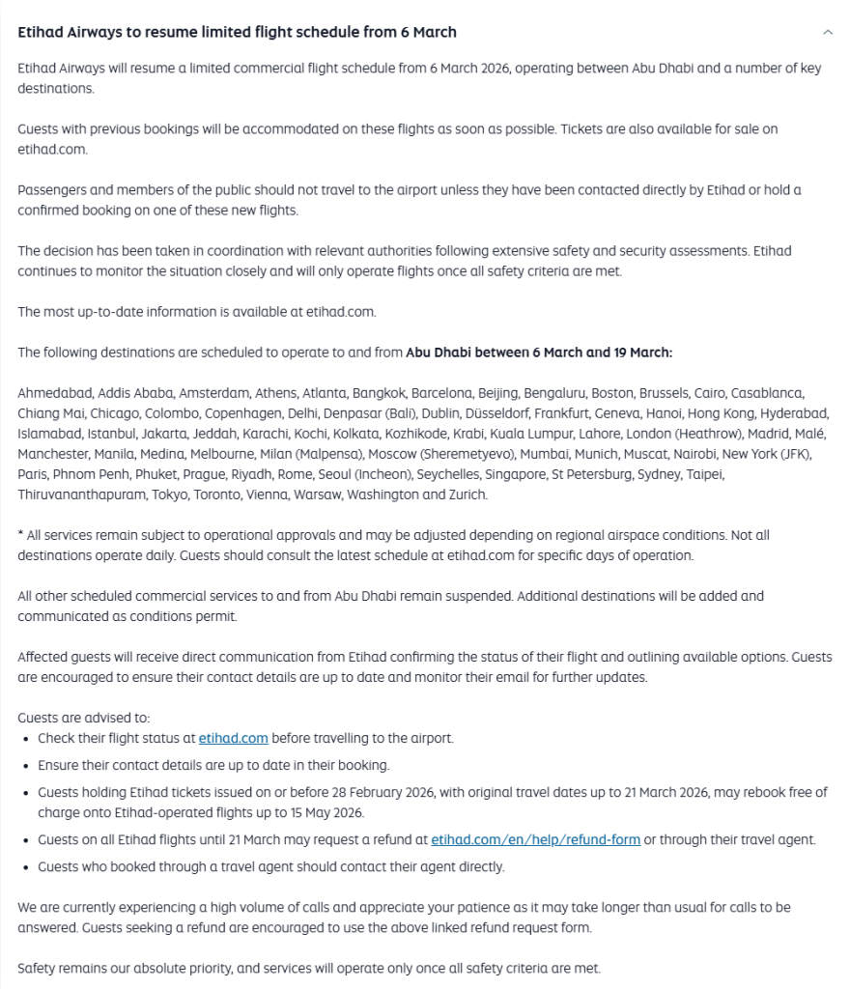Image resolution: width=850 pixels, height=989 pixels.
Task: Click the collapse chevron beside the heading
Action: click(x=827, y=32)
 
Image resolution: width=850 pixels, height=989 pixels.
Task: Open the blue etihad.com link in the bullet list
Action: click(x=233, y=738)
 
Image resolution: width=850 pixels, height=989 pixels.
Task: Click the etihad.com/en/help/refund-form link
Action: click(x=535, y=839)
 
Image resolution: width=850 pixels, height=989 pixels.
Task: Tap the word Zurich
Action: click(x=467, y=494)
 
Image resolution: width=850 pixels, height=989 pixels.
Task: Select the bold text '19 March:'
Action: click(x=642, y=353)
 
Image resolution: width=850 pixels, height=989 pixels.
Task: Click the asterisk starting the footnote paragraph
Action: click(x=20, y=534)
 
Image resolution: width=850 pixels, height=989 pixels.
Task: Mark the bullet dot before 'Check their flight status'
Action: click(x=24, y=739)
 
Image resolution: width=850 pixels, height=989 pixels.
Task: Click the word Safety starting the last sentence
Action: click(x=38, y=969)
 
